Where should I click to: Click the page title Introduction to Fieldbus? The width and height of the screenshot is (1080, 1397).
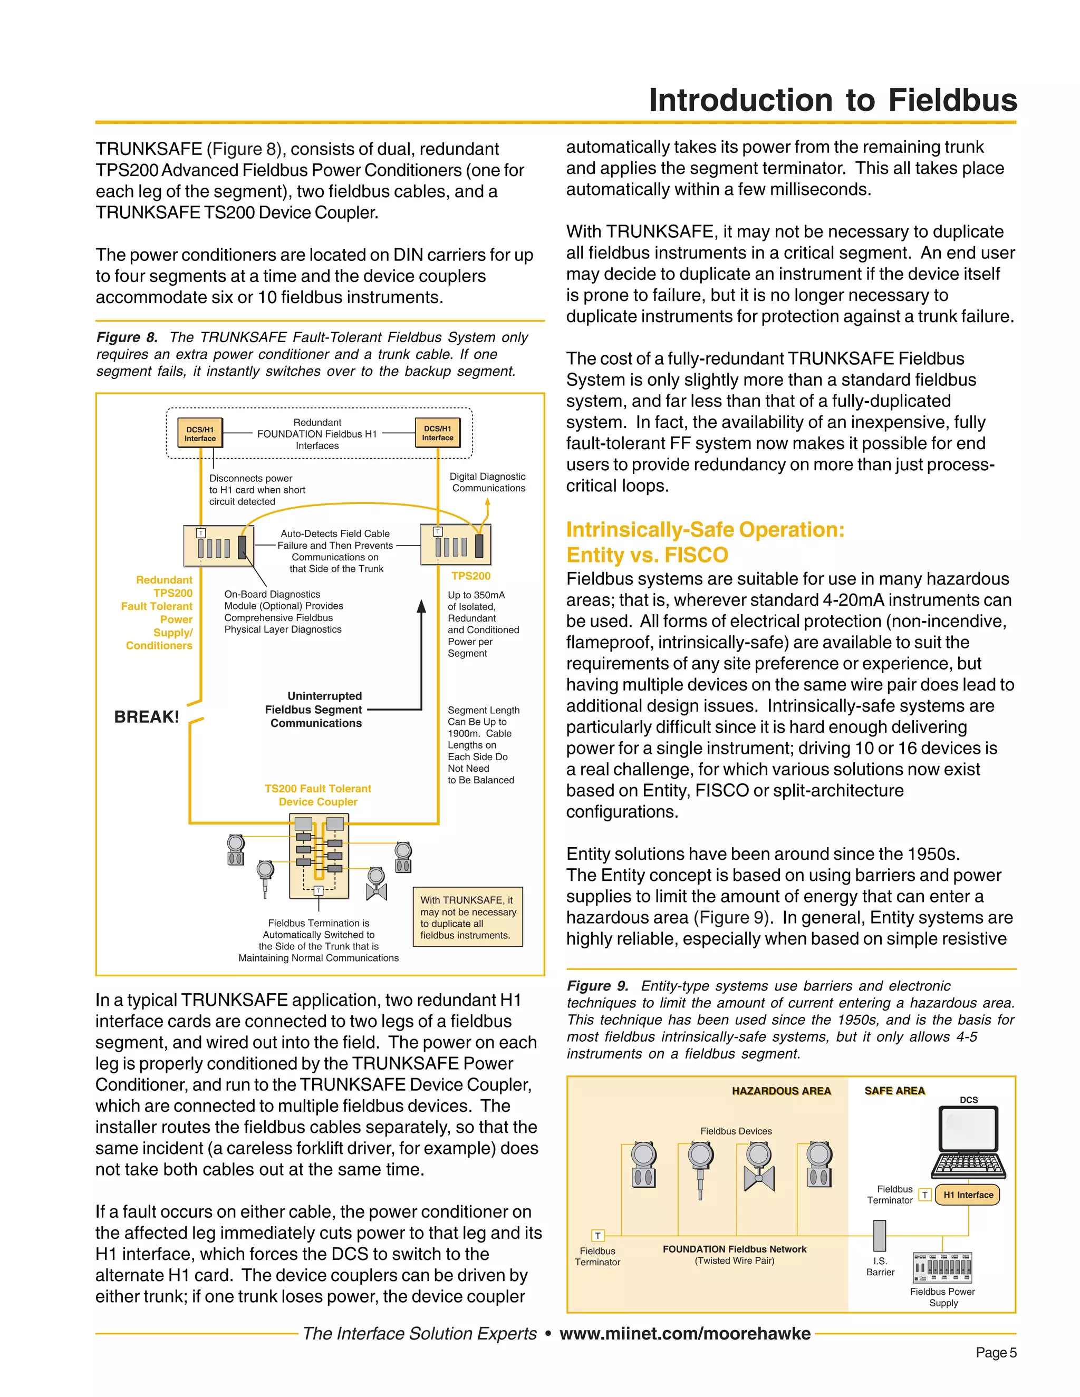(832, 100)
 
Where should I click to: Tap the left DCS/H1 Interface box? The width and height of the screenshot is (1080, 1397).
(200, 434)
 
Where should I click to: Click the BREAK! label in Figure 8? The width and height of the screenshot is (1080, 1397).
(147, 717)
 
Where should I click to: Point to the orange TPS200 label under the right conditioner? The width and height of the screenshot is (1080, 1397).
(471, 576)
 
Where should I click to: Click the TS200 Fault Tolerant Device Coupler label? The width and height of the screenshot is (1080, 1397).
(318, 795)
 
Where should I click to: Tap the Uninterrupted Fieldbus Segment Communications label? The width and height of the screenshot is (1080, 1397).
(315, 710)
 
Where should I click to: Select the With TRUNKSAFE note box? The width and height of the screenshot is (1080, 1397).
(468, 917)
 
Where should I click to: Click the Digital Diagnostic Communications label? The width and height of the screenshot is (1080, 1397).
(488, 482)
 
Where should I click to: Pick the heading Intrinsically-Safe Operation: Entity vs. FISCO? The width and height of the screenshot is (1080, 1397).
(705, 542)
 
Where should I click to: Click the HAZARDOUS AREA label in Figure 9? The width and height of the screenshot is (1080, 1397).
(781, 1091)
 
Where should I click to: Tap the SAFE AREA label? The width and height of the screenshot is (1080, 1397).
(894, 1091)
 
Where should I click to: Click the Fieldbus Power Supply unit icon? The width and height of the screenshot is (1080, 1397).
(942, 1268)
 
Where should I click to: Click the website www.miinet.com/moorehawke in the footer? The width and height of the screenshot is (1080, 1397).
(684, 1334)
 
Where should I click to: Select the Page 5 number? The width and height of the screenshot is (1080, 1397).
(996, 1353)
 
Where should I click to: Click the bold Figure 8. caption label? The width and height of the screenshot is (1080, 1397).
(127, 337)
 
